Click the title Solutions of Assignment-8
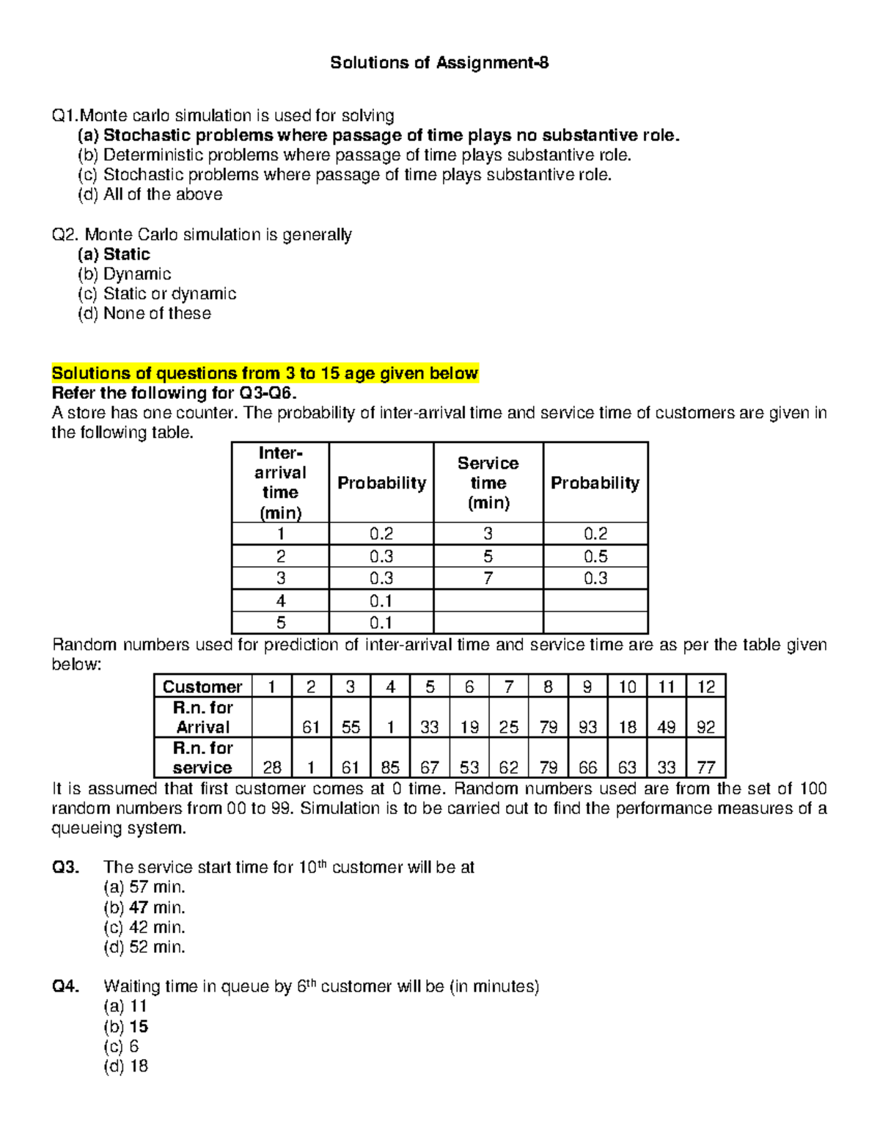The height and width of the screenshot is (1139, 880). coord(439,63)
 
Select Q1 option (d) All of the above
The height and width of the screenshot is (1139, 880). coord(150,194)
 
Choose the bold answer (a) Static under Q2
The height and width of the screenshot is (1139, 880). coord(114,254)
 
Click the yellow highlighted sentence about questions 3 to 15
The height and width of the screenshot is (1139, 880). coord(265,373)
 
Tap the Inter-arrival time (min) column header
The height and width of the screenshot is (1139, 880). coord(280,483)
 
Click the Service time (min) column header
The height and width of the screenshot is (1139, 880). coord(488,483)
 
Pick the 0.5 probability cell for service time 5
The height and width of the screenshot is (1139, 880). coord(595,556)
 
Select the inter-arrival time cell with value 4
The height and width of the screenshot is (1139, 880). coord(280,601)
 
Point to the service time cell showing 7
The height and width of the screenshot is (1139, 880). coord(488,579)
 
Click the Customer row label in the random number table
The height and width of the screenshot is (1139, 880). coord(202,686)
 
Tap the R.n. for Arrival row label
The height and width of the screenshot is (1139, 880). coord(202,717)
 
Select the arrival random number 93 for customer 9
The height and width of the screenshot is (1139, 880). coord(587,727)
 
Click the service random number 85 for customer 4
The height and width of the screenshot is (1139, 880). coord(390,767)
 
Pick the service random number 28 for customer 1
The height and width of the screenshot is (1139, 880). coord(272,767)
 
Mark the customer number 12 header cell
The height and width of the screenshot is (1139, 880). coord(705,686)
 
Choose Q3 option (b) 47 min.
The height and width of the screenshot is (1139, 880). coord(144,907)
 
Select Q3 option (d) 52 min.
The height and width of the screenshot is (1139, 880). coord(144,947)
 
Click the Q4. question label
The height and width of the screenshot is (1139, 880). coord(65,986)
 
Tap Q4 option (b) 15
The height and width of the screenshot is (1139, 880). coord(126,1027)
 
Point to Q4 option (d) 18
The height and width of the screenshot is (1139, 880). coord(126,1066)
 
